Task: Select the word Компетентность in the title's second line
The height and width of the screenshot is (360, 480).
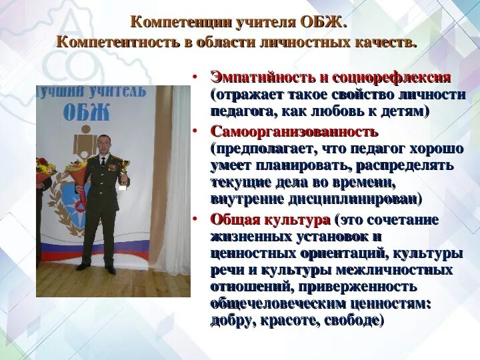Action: (x=111, y=42)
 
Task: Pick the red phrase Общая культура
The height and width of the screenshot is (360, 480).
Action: (x=270, y=219)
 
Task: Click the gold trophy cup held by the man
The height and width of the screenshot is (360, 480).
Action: (x=124, y=168)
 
